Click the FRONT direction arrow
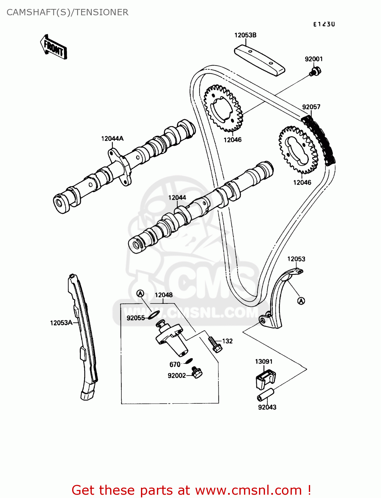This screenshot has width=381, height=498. pos(54,47)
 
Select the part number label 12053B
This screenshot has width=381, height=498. pos(245,35)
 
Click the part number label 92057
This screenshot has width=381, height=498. pos(311,107)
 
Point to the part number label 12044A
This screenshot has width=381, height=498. pos(112,138)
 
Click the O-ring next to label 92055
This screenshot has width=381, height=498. pos(154,314)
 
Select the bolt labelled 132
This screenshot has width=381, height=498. pos(215,344)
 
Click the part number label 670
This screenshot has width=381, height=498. pos(175,365)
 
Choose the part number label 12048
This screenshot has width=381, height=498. pos(164,295)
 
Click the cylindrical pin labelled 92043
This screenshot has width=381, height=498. pos(265,395)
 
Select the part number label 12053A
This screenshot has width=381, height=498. pos(61,323)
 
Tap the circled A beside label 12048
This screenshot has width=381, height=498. pos(140,293)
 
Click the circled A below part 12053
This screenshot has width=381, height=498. pos(301,301)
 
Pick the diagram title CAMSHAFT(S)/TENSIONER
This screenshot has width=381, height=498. pos(67,12)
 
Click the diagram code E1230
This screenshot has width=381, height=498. pos(324,24)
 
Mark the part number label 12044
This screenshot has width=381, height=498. pos(177,198)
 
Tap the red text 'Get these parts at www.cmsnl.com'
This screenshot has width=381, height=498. pos(191,490)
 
